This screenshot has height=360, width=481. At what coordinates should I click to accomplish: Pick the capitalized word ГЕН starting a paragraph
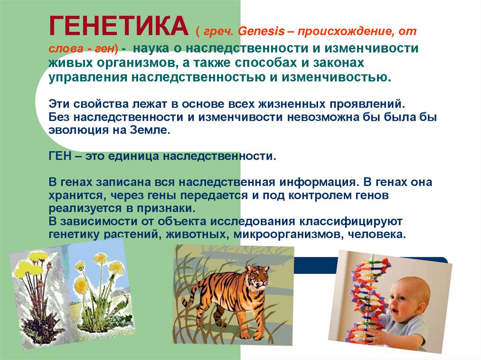(x=59, y=156)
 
